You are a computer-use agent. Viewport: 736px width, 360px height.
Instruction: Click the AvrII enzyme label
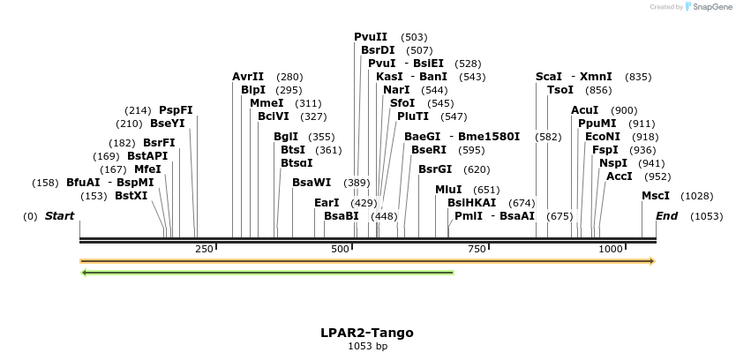point(248,77)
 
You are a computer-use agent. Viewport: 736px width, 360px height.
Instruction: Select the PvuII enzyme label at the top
point(371,37)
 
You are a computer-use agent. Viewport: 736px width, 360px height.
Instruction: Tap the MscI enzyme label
point(656,196)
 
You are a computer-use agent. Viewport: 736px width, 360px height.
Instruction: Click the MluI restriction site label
point(448,190)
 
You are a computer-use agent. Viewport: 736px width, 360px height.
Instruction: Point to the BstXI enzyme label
point(131,196)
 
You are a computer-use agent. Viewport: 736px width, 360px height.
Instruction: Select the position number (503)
point(414,37)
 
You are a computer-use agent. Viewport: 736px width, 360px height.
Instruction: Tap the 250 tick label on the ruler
point(205,250)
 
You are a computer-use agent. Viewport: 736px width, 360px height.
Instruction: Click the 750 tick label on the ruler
point(477,250)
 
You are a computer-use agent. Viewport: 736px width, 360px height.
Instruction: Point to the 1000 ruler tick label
point(611,250)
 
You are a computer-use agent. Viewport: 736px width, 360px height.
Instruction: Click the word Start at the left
point(60,216)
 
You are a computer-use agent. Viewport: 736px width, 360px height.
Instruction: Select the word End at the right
point(667,216)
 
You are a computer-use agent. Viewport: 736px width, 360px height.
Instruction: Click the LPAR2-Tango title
point(367,333)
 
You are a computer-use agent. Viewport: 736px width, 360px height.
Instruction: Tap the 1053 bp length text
point(367,347)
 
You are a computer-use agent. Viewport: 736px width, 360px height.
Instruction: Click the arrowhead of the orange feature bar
point(652,261)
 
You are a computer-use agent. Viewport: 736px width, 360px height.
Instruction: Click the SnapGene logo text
point(710,7)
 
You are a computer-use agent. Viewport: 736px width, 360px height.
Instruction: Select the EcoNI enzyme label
point(603,137)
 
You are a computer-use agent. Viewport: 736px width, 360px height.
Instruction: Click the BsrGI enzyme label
point(435,169)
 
